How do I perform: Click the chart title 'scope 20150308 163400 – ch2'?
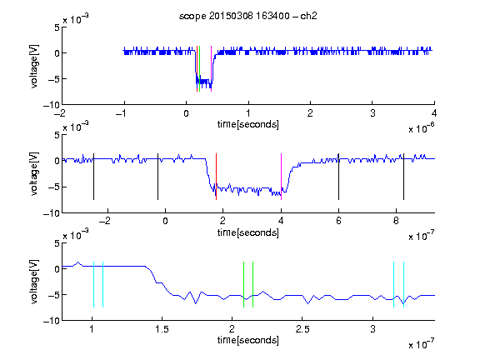pyautogui.click(x=248, y=16)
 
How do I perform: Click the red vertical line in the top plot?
pyautogui.click(x=197, y=68)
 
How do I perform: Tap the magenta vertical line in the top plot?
pyautogui.click(x=211, y=68)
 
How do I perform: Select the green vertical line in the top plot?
pyautogui.click(x=200, y=68)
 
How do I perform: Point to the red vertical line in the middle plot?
pyautogui.click(x=216, y=177)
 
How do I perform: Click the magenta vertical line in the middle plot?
pyautogui.click(x=281, y=177)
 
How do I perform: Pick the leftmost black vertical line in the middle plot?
pyautogui.click(x=93, y=177)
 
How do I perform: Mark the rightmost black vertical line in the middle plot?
pyautogui.click(x=403, y=177)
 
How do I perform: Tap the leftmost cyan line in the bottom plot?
pyautogui.click(x=93, y=284)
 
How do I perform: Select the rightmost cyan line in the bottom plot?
pyautogui.click(x=403, y=284)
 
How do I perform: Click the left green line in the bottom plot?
pyautogui.click(x=243, y=284)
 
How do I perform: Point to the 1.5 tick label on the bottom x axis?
pyautogui.click(x=162, y=329)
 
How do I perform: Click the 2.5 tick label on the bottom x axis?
pyautogui.click(x=302, y=329)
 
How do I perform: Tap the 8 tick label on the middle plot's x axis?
pyautogui.click(x=396, y=221)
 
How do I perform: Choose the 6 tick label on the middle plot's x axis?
pyautogui.click(x=338, y=221)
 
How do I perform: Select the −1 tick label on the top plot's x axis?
pyautogui.click(x=121, y=113)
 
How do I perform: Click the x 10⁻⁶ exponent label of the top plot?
pyautogui.click(x=422, y=128)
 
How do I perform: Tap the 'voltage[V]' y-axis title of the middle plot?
pyautogui.click(x=34, y=173)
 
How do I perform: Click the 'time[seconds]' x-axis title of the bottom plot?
pyautogui.click(x=248, y=340)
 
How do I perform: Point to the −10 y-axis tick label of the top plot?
pyautogui.click(x=52, y=105)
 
